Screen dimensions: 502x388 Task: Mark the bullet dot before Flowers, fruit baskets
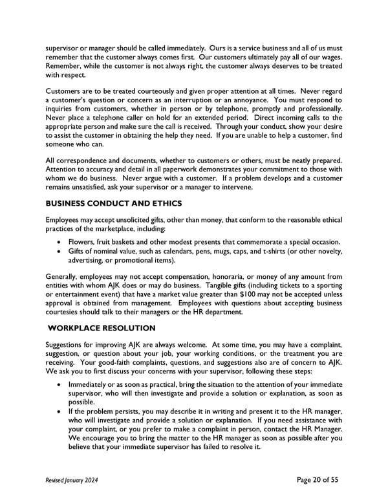coord(60,242)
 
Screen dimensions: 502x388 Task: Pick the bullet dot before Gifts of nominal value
coord(60,251)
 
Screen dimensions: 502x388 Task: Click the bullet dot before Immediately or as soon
coord(60,385)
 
